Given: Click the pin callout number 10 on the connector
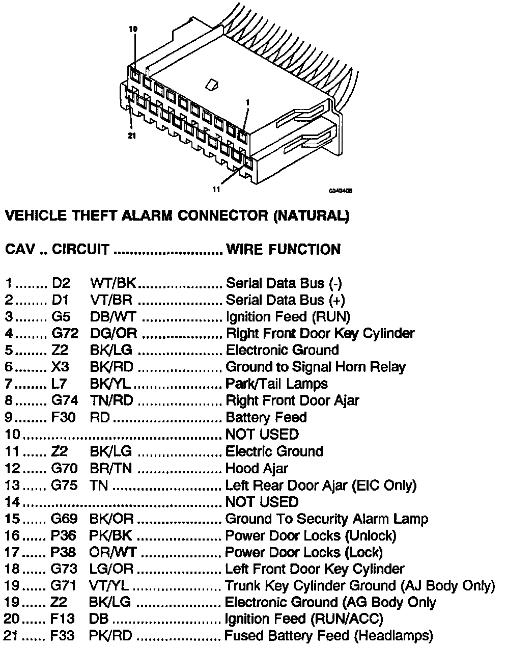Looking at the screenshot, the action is (x=133, y=30).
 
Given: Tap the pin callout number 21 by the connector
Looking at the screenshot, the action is (x=132, y=136).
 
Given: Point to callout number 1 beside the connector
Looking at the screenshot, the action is (x=247, y=102).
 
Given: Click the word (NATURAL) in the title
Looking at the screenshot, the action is (x=312, y=216).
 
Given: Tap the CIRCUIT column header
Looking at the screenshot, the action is (x=80, y=250).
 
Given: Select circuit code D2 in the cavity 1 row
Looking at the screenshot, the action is (x=61, y=283).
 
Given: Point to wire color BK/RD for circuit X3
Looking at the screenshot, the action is (x=111, y=367).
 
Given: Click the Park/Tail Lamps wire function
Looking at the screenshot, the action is (x=276, y=384).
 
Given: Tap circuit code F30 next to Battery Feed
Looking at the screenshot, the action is (x=64, y=417).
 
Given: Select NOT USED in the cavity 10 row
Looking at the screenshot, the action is (x=262, y=434).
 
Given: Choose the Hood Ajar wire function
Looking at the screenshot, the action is (x=257, y=468).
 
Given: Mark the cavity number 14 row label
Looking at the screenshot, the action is (x=12, y=502).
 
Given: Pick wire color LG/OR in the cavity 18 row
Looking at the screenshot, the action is (x=111, y=569).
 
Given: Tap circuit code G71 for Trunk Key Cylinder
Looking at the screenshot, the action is (x=64, y=586).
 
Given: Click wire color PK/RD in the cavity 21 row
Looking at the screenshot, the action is (x=110, y=636).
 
